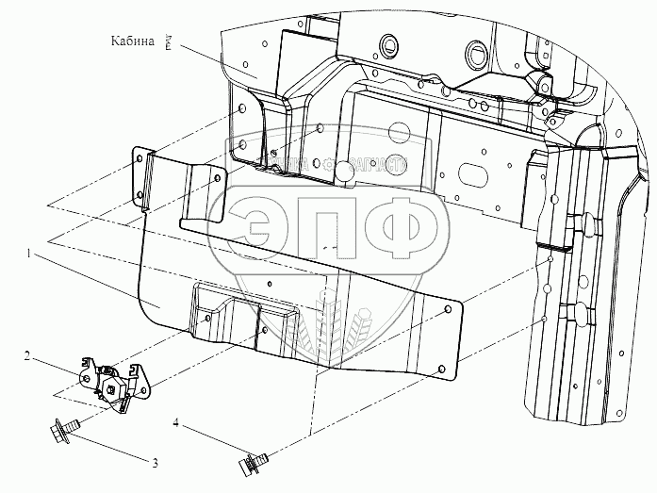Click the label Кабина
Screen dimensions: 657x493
click(132, 40)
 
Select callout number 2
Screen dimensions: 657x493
click(54, 356)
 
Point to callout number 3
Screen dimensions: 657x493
click(153, 463)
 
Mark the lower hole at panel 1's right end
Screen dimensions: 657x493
click(442, 362)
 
